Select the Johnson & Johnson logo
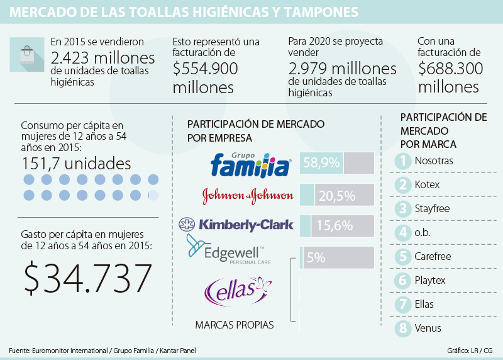pos(248,196)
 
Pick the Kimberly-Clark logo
pos(237,225)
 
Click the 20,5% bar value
pos(336,195)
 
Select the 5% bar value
pos(316,257)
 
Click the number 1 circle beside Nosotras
pos(402,161)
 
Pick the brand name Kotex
pos(428,184)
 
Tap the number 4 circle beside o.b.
pos(402,233)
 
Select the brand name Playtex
pos(431,280)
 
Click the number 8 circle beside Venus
pos(402,328)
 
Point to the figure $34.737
pos(89,277)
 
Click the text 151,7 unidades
pos(76,164)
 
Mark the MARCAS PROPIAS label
pos(235,325)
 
